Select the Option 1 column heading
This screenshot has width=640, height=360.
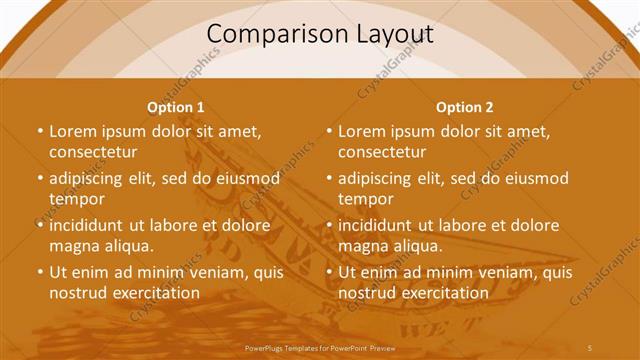coord(176,107)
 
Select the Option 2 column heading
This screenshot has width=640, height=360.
coord(465,107)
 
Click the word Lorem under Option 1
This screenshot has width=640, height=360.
coord(72,131)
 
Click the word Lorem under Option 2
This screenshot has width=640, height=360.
coord(361,131)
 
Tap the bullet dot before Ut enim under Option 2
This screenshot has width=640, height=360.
coord(329,272)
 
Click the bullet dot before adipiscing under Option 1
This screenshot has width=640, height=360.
coord(40,178)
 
